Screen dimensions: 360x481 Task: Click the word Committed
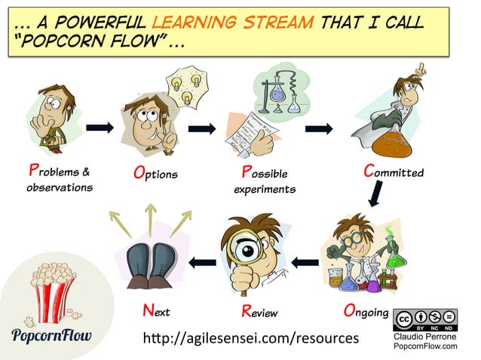click(x=393, y=172)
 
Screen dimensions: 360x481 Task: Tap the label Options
click(x=155, y=173)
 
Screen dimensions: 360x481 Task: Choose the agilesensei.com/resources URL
click(x=251, y=338)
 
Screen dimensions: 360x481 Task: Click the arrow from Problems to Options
click(x=100, y=127)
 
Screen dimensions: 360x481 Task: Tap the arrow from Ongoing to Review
click(x=305, y=262)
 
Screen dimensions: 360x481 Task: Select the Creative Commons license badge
click(x=424, y=320)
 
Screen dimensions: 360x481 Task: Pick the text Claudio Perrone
click(x=425, y=337)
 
